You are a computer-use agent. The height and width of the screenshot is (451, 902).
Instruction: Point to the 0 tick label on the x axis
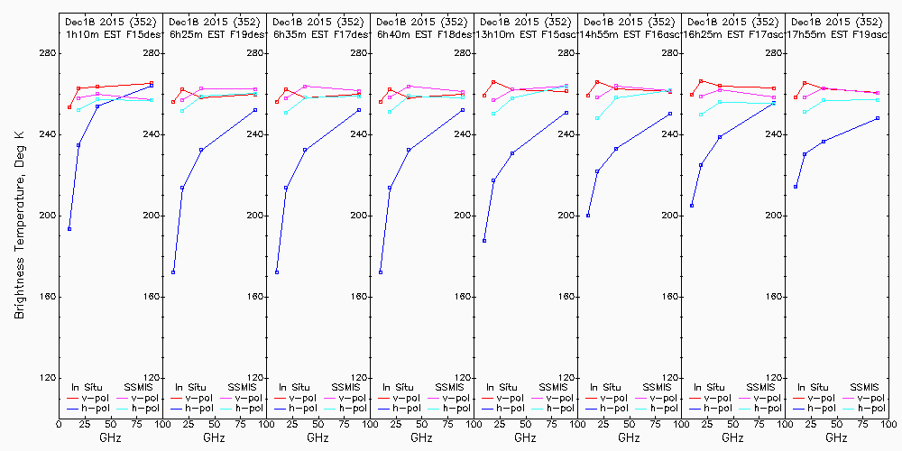coord(59,423)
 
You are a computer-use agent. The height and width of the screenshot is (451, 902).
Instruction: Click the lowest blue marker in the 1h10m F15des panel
coord(69,229)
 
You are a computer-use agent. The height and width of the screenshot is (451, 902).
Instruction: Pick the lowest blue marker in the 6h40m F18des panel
coord(381,272)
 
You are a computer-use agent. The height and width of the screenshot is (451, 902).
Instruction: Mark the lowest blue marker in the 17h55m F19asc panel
coord(796,187)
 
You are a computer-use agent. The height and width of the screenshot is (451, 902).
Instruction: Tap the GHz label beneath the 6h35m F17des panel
coord(318,437)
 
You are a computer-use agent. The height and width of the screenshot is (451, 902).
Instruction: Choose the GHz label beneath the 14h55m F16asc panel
coord(629,437)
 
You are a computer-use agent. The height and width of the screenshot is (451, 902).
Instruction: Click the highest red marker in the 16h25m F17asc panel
coord(702,81)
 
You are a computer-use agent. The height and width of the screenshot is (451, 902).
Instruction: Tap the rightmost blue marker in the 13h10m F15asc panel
coord(566,113)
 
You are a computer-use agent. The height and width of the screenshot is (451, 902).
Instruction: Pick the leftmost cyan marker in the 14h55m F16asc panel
coord(597,118)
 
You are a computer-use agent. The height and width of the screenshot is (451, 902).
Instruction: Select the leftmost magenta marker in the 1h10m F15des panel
coord(79,97)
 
